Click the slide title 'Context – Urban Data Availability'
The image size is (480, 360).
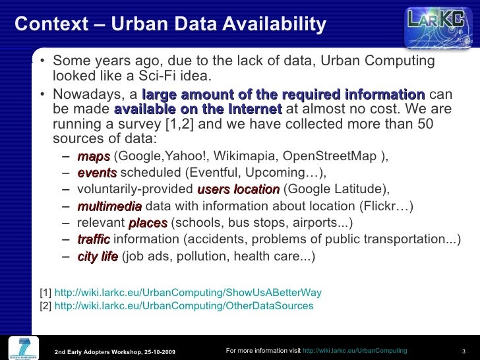pos(170,24)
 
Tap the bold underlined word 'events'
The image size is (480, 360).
pos(97,173)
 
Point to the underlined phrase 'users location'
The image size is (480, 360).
pos(239,189)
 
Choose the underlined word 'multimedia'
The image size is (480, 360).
pos(109,206)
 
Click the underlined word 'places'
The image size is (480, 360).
pos(148,223)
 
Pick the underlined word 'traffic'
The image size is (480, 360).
pos(94,239)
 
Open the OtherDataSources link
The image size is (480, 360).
pos(184,306)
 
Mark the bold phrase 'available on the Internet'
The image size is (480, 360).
pos(198,109)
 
